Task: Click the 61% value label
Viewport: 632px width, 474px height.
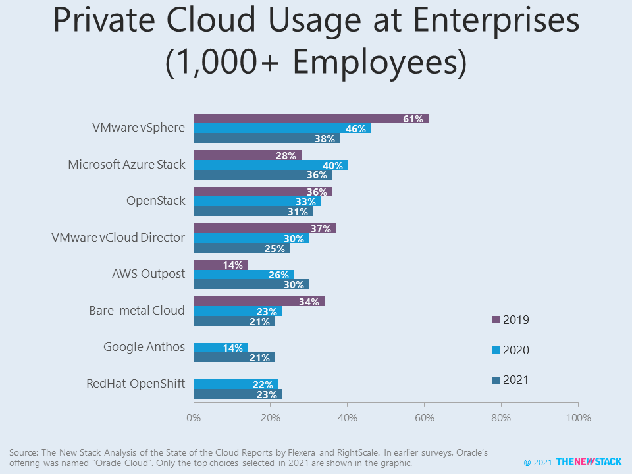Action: pyautogui.click(x=413, y=118)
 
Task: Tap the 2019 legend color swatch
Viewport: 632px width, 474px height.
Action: pyautogui.click(x=496, y=320)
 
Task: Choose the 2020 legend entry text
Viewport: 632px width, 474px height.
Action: pyautogui.click(x=516, y=350)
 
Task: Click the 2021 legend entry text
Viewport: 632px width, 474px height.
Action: pyautogui.click(x=516, y=380)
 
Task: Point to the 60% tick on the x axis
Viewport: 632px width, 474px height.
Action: pyautogui.click(x=425, y=417)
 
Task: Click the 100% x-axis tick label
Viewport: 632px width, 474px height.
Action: pyautogui.click(x=578, y=417)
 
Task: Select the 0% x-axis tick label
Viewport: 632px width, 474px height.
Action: pyautogui.click(x=194, y=417)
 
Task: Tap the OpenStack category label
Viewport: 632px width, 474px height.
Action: pyautogui.click(x=155, y=200)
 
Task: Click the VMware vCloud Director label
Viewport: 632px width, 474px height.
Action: pyautogui.click(x=118, y=237)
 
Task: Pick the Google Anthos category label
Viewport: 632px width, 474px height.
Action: pyautogui.click(x=144, y=346)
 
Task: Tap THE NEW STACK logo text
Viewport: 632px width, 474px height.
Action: pyautogui.click(x=589, y=462)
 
